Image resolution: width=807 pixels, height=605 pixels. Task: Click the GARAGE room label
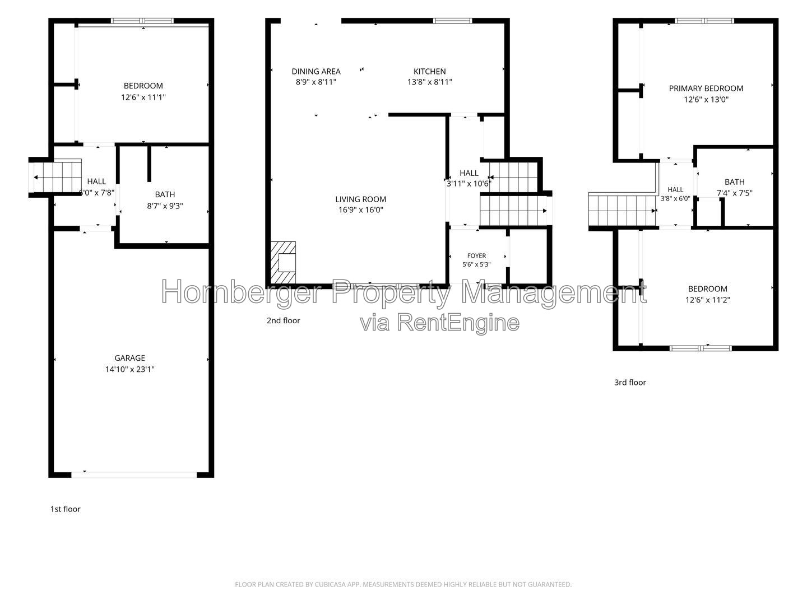click(130, 358)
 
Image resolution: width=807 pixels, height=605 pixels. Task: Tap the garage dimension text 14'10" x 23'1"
click(130, 369)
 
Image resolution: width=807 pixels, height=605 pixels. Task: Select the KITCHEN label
click(429, 71)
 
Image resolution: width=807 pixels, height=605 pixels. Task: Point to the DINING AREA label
click(316, 71)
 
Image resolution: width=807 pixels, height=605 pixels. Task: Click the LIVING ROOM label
click(361, 199)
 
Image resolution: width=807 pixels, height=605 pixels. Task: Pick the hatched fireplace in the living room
click(283, 263)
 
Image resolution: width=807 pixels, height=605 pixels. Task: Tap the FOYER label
click(476, 255)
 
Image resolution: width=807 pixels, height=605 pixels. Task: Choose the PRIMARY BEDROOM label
click(706, 88)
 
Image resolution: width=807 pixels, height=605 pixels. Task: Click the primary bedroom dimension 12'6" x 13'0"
click(706, 99)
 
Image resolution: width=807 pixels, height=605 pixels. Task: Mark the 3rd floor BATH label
click(735, 182)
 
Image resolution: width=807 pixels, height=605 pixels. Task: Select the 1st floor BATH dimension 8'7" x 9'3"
click(165, 206)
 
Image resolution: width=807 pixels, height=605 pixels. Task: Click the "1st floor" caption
click(65, 509)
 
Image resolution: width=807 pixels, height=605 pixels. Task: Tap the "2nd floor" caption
click(283, 320)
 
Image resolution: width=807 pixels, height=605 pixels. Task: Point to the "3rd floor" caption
click(630, 383)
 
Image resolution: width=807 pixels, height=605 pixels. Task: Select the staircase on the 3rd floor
click(622, 211)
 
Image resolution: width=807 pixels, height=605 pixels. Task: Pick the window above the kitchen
click(452, 21)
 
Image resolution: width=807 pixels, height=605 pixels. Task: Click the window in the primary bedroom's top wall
click(704, 21)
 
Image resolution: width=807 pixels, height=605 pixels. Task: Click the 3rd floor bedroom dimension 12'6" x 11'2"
click(707, 300)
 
